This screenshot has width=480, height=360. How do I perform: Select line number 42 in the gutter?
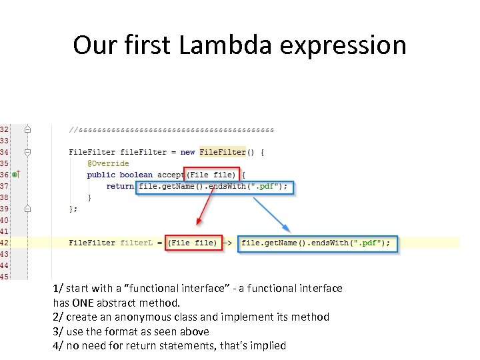4,243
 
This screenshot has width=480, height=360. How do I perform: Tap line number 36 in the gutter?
4,174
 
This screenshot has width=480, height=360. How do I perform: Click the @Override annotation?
108,163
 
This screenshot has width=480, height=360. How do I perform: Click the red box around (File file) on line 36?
211,175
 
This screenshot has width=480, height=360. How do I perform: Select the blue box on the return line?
215,186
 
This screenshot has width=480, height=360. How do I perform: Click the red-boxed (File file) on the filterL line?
193,243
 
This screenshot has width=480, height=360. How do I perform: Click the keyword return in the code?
120,186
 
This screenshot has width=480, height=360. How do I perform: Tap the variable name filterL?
137,243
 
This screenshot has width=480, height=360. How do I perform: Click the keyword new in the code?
188,152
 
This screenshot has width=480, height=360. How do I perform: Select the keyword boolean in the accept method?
136,175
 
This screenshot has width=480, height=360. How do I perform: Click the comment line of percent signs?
171,129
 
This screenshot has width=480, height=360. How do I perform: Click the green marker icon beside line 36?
15,174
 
